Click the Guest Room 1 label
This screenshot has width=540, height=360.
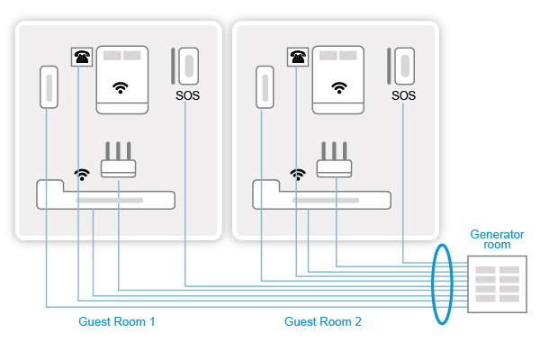tap(117, 321)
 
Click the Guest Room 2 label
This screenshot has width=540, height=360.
tap(323, 321)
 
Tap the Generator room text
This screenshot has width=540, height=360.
tap(490, 239)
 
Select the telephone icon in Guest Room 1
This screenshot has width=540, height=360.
tap(82, 57)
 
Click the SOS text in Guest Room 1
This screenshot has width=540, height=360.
tap(189, 94)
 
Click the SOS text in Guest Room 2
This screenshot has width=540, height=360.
tap(405, 94)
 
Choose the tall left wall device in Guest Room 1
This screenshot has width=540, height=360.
tap(49, 85)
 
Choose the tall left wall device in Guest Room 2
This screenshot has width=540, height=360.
tap(265, 85)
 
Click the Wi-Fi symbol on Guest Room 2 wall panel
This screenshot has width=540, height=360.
tap(338, 87)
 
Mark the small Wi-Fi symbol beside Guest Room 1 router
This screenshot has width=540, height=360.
tap(82, 173)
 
